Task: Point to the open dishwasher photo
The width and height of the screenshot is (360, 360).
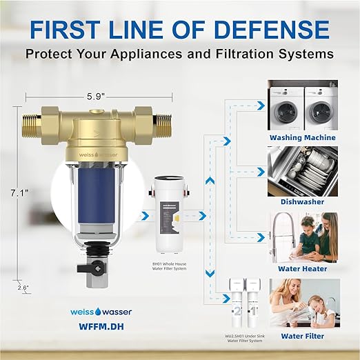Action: pos(302,171)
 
